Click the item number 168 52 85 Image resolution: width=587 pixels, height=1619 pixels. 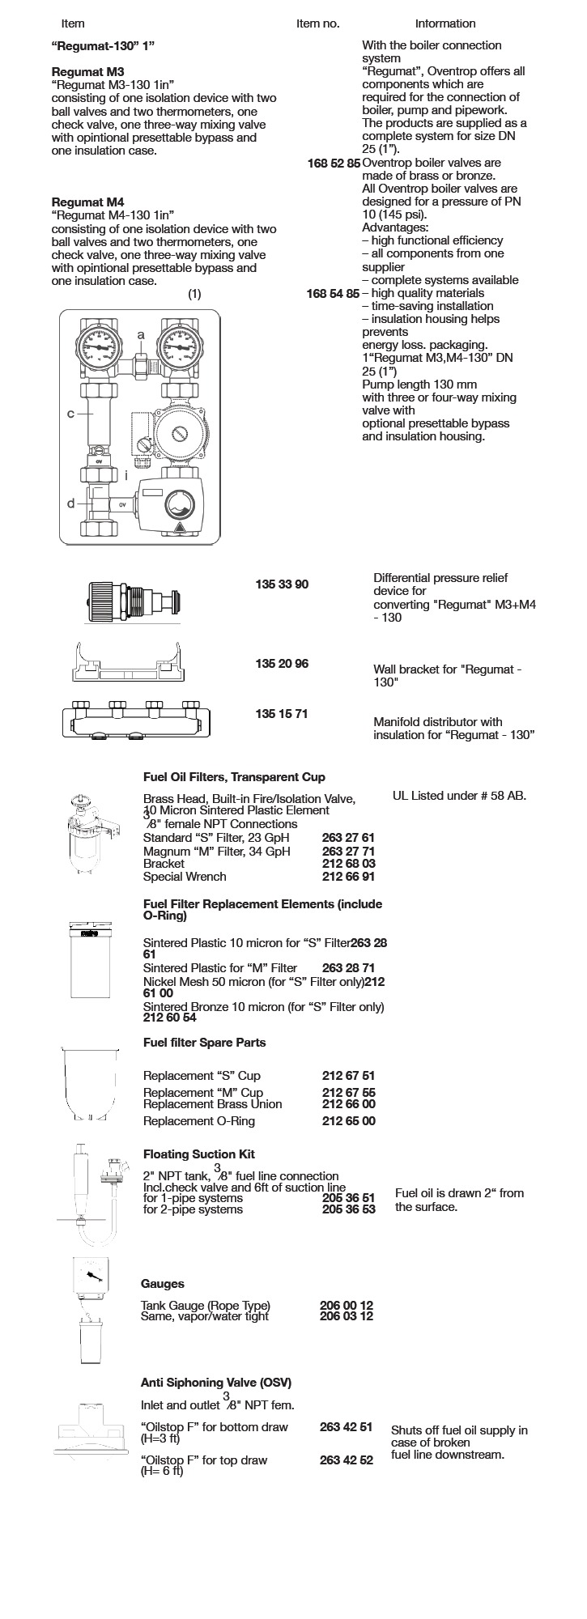(x=334, y=163)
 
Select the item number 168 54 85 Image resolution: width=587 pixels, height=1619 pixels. (x=334, y=293)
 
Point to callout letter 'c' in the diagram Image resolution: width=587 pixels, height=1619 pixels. (x=70, y=414)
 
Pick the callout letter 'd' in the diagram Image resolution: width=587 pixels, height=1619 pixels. (x=70, y=503)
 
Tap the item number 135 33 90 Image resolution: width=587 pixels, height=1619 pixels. (x=282, y=584)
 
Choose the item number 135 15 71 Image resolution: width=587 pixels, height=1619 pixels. (x=282, y=714)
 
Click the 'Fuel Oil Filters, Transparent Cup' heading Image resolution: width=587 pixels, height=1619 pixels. (x=234, y=777)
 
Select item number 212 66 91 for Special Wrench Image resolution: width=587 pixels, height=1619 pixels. (x=349, y=876)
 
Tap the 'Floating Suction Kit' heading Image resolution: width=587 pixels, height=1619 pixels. (x=198, y=1154)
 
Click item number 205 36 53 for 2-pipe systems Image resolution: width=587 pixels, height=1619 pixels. (x=349, y=1209)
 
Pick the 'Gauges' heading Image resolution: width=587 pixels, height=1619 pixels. (x=162, y=1284)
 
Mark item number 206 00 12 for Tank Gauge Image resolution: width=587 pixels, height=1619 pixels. (x=347, y=1305)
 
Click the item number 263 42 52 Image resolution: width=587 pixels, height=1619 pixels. (x=347, y=1460)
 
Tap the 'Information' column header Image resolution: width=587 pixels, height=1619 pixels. (x=445, y=23)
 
